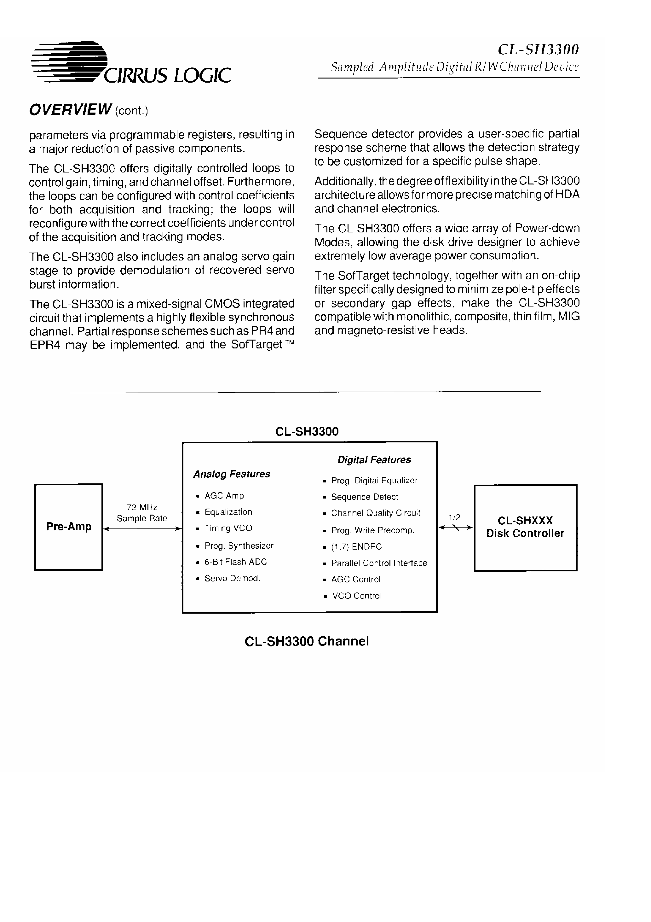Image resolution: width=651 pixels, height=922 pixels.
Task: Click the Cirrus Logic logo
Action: [x=130, y=63]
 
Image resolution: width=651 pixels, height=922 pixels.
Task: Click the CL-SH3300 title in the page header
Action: [x=538, y=50]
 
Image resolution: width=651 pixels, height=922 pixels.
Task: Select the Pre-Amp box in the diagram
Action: [x=69, y=527]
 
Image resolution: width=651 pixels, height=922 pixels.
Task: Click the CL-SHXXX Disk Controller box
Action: [x=525, y=527]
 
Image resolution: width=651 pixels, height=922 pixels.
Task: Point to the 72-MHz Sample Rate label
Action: [x=142, y=513]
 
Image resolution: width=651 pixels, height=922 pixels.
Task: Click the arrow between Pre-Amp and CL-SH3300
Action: [x=142, y=529]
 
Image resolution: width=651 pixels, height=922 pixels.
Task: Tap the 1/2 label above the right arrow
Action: [x=454, y=518]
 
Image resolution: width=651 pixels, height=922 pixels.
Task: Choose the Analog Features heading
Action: [x=232, y=474]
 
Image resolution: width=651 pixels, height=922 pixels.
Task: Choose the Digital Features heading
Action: [x=374, y=460]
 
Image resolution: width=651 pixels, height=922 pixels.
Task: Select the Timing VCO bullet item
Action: [x=228, y=528]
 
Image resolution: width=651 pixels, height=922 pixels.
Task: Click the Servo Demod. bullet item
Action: [x=232, y=578]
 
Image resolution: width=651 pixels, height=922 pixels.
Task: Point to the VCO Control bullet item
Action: [x=356, y=596]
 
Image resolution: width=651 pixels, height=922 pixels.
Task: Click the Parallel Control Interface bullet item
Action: [x=379, y=563]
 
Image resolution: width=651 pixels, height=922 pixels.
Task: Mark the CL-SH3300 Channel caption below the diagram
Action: [x=307, y=641]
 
